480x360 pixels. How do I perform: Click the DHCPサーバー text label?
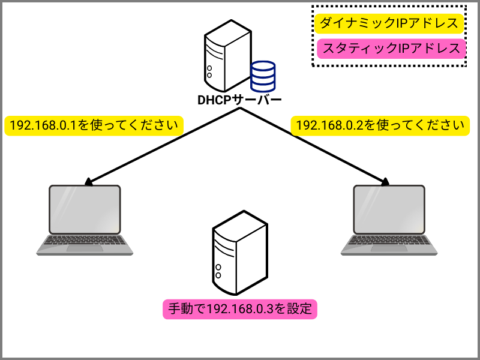239,100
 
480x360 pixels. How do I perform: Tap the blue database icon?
263,77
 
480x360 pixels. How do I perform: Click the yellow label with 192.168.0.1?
94,125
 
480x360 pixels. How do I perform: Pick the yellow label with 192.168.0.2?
380,125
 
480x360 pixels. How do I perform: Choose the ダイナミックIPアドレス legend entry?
389,23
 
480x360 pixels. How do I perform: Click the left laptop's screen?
85,209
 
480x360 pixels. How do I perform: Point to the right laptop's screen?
389,209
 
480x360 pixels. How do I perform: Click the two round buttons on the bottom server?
218,271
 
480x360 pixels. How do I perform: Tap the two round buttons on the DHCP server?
209,72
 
